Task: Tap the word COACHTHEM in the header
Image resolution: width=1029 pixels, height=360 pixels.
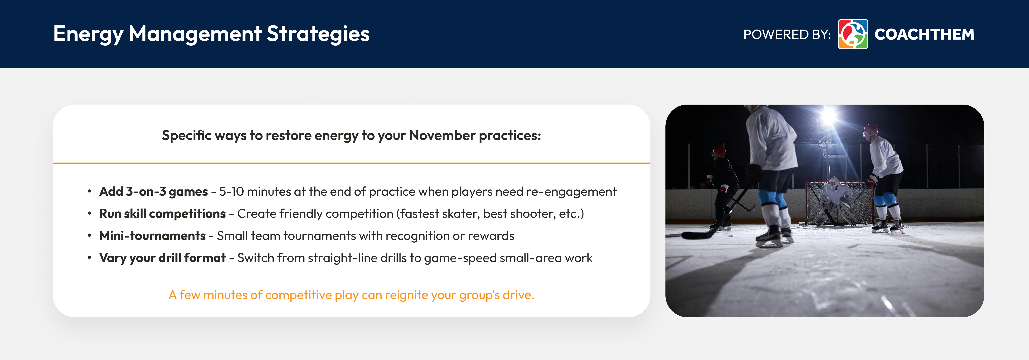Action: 924,34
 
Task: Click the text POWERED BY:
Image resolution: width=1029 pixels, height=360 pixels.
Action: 787,34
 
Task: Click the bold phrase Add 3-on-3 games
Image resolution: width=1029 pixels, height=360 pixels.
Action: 153,192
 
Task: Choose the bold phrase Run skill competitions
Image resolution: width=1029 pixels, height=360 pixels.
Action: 162,214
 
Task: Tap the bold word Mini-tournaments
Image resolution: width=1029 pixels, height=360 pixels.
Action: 152,236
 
